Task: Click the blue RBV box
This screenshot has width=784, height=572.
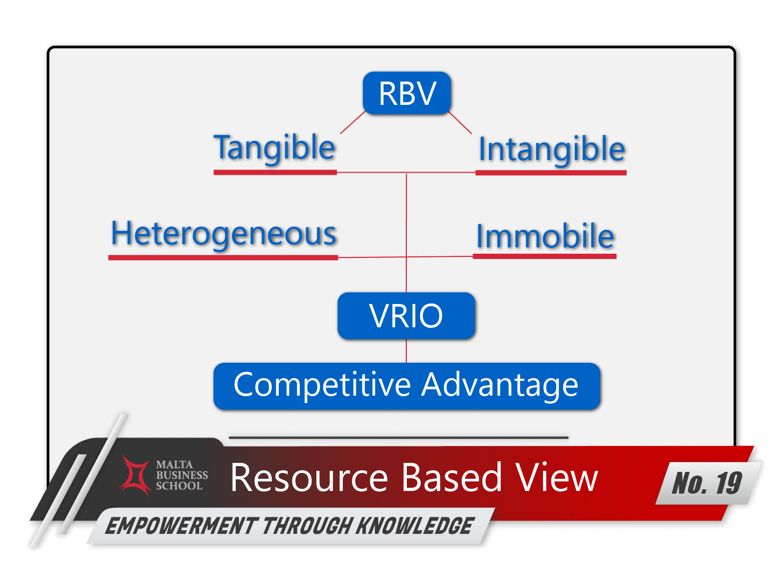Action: pyautogui.click(x=407, y=93)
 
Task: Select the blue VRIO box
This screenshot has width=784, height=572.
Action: pyautogui.click(x=406, y=316)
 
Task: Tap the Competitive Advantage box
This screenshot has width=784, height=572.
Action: pyautogui.click(x=407, y=386)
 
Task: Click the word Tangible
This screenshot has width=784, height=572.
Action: pyautogui.click(x=275, y=148)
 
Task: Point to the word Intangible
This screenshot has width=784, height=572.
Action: pyautogui.click(x=551, y=150)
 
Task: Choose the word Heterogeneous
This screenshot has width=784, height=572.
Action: pyautogui.click(x=224, y=235)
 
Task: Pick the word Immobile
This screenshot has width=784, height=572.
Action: pyautogui.click(x=545, y=237)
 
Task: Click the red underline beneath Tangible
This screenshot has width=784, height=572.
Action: pyautogui.click(x=275, y=173)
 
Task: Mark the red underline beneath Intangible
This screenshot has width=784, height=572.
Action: pyautogui.click(x=551, y=173)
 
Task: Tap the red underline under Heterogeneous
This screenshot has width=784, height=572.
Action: pyautogui.click(x=224, y=258)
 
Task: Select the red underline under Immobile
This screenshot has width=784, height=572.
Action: pyautogui.click(x=545, y=256)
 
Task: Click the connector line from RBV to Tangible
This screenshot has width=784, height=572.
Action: pyautogui.click(x=353, y=122)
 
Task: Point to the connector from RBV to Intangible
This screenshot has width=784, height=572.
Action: pyautogui.click(x=460, y=122)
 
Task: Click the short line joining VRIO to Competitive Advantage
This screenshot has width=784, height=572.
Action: pyautogui.click(x=406, y=351)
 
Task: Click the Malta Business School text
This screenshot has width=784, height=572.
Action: pyautogui.click(x=182, y=475)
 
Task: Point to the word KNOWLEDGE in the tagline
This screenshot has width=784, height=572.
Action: pyautogui.click(x=414, y=525)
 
